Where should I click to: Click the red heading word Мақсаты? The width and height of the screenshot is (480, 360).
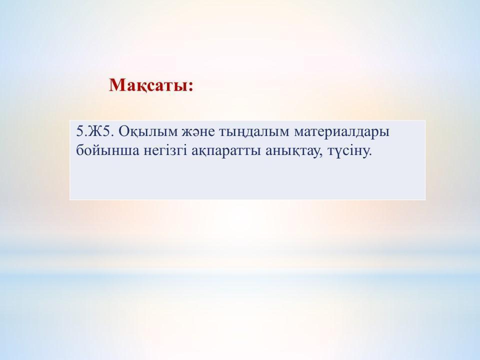[148, 85]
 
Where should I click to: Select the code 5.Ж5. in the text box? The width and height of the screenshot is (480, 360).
[95, 131]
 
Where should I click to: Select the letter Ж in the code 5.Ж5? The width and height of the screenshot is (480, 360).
[96, 131]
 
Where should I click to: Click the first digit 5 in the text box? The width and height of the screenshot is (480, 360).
[79, 131]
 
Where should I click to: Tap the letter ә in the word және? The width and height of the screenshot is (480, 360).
[196, 134]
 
